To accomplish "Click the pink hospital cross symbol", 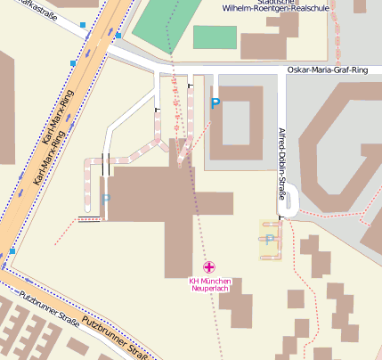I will coord(209,267).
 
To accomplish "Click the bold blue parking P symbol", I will coord(215,104).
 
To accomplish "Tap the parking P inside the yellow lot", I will coord(270,240).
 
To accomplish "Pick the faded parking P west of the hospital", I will coord(105,200).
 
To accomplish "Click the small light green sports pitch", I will coord(215,37).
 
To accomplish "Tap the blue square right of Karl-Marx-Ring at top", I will coord(118,37).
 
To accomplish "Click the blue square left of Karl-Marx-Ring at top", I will coord(83,25).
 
